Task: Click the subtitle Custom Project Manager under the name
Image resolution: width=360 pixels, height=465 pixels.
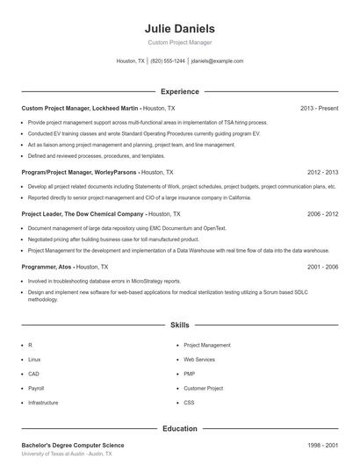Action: click(179, 42)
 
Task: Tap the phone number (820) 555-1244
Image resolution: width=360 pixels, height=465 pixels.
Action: click(168, 61)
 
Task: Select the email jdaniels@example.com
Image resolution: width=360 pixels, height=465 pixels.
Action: click(217, 61)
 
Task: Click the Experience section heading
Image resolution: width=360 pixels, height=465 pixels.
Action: click(180, 91)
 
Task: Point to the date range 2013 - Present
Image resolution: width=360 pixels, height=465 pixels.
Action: click(319, 108)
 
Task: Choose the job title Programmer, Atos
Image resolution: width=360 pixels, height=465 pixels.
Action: click(47, 266)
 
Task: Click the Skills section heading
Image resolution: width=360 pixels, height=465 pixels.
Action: click(180, 325)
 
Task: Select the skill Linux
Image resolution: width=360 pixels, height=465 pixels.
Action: click(34, 360)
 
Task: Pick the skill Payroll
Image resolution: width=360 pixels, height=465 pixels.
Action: click(36, 388)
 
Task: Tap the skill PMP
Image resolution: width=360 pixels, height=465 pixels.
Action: click(189, 374)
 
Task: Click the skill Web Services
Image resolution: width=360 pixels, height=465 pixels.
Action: click(199, 360)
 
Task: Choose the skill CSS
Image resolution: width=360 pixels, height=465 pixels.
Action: click(189, 402)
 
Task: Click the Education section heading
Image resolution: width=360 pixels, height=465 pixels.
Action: click(180, 429)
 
